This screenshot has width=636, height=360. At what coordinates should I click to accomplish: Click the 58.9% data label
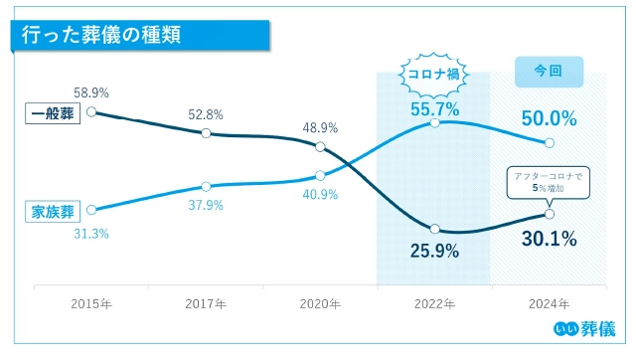(91, 91)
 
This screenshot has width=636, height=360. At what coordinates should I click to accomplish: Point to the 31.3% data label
(91, 233)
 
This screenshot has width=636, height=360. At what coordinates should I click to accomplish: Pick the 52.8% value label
(206, 114)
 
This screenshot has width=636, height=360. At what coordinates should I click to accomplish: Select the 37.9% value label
(206, 206)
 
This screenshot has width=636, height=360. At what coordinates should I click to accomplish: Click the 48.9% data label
(320, 127)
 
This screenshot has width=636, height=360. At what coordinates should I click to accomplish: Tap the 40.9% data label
(320, 195)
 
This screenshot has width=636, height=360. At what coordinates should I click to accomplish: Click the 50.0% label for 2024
(549, 118)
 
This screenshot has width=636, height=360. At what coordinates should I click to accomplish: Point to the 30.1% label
(549, 239)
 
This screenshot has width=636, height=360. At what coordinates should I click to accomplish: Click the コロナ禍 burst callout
(433, 74)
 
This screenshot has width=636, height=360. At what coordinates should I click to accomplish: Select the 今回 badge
(548, 72)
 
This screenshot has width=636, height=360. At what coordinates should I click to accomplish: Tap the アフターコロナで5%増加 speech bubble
(549, 182)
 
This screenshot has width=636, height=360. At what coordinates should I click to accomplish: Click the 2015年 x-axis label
(91, 302)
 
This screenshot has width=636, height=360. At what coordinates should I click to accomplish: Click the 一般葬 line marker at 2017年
(206, 132)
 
